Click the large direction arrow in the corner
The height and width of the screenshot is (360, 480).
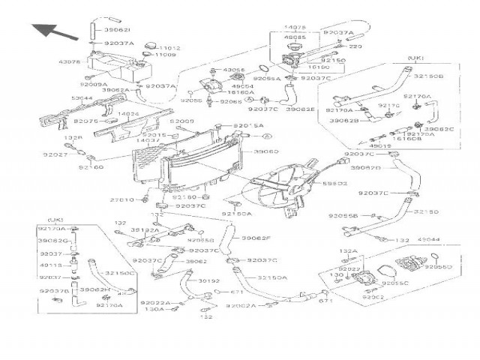click(x=55, y=31)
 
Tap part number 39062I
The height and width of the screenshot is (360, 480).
click(x=118, y=29)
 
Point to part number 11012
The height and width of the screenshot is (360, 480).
click(x=166, y=46)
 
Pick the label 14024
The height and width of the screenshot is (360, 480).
click(x=129, y=114)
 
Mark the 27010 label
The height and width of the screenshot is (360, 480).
click(x=121, y=199)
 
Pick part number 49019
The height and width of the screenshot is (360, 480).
click(x=381, y=146)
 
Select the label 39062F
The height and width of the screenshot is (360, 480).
click(x=256, y=238)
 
